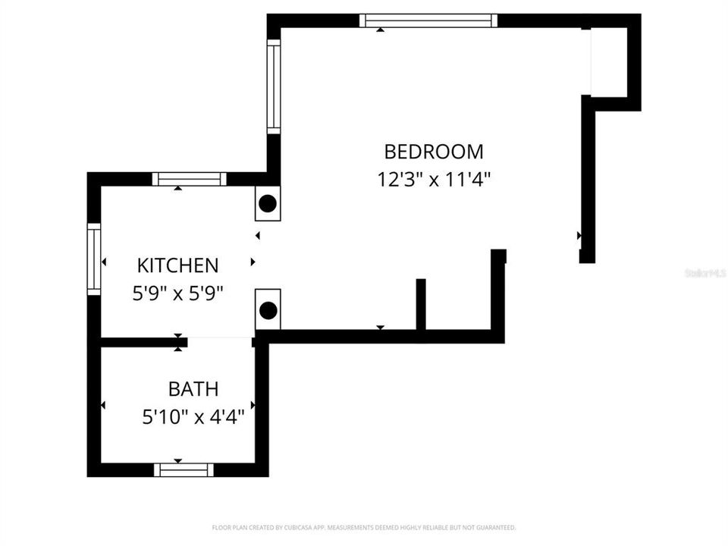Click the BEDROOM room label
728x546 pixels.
point(433,152)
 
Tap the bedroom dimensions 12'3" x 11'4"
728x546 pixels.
point(434,180)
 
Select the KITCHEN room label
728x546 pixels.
point(177,265)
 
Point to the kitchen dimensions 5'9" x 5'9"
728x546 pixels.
point(177,293)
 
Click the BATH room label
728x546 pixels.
point(193,389)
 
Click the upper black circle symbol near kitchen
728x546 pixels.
point(267,203)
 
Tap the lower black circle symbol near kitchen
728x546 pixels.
point(267,309)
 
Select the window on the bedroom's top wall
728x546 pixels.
point(428,20)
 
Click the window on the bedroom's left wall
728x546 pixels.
point(274,86)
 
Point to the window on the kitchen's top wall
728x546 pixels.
point(189,179)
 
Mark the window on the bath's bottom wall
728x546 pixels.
point(184,469)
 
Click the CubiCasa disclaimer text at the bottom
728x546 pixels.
point(364,527)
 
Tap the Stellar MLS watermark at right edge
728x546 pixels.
point(705,272)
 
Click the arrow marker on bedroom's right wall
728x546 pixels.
point(579,236)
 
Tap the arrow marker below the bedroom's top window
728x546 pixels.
point(380,30)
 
